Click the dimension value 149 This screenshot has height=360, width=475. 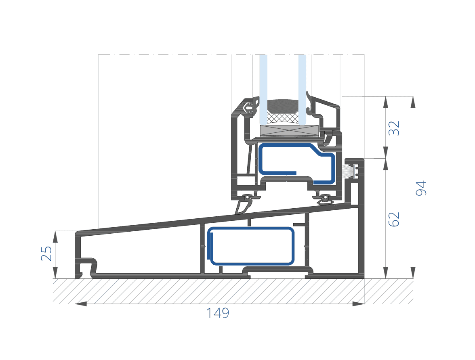(x=217, y=313)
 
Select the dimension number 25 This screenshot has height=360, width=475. (x=46, y=253)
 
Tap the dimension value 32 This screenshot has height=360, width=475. (x=394, y=128)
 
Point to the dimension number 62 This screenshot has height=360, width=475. (x=394, y=219)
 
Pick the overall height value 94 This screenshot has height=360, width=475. (x=421, y=188)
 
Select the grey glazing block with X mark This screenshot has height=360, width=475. (x=289, y=130)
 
